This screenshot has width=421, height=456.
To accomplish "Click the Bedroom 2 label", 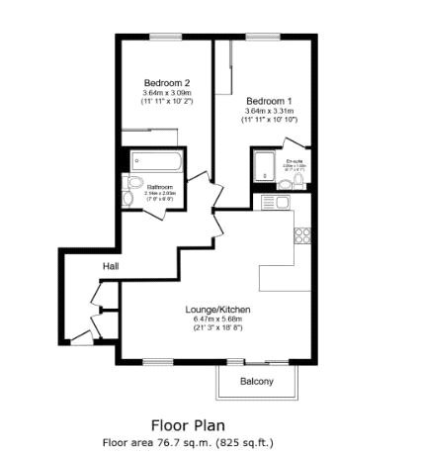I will coord(165,82).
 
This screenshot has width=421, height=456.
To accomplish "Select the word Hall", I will coord(110,266).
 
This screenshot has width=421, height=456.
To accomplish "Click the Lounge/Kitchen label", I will coord(217,310).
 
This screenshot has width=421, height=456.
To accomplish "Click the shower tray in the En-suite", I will coord(264,166).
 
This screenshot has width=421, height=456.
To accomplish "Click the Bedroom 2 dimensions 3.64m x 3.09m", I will coord(165,93).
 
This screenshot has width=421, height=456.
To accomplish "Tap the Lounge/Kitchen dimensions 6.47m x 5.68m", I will coord(217,319).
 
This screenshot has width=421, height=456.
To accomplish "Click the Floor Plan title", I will coord(187,426).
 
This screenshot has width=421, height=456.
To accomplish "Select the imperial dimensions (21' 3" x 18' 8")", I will coord(217,327).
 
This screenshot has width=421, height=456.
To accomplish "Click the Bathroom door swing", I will coord(202,184).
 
